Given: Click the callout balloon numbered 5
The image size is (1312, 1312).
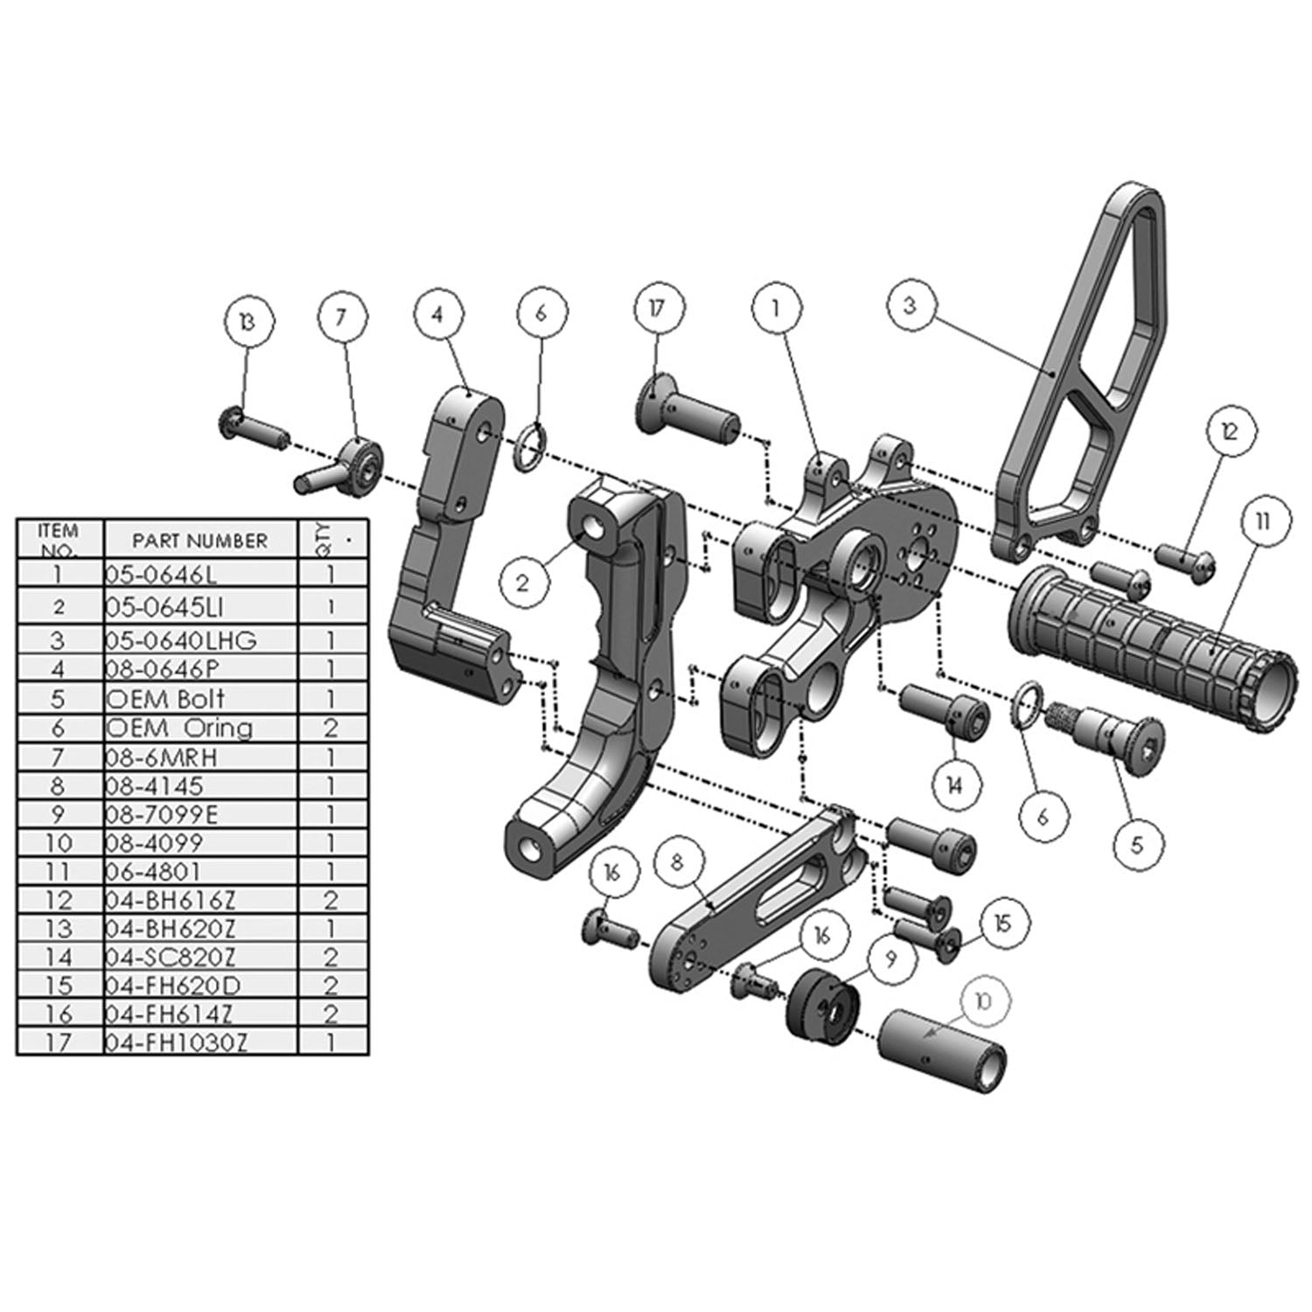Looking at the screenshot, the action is point(1137,844).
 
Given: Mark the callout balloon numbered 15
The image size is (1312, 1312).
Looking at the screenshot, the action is point(1001,923).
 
